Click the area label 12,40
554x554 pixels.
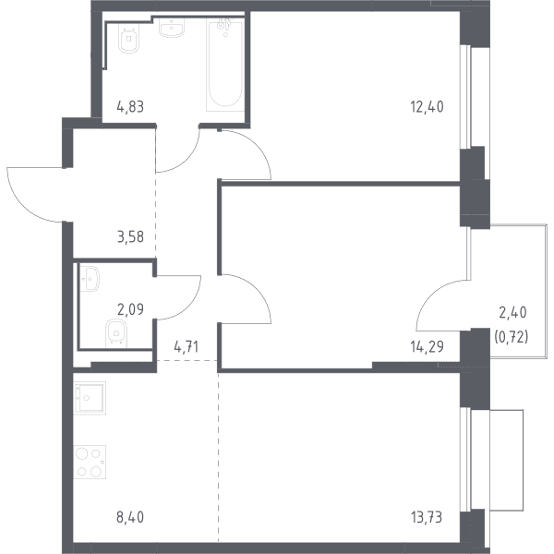point(427,106)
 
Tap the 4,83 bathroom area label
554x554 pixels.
point(130,106)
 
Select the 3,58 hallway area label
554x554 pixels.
point(130,236)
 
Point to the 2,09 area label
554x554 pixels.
point(130,309)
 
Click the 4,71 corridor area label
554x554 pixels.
point(187,347)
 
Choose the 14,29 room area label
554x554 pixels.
point(427,347)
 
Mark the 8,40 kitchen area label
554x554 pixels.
point(130,517)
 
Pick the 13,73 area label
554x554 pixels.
point(427,517)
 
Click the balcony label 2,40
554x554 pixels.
point(512,312)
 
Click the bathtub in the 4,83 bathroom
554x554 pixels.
point(225,65)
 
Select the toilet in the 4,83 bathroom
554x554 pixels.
point(129,39)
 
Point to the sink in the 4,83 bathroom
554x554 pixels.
point(172,27)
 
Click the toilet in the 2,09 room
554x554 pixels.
point(116,332)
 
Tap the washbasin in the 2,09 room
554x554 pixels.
point(90,279)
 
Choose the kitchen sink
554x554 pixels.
point(90,398)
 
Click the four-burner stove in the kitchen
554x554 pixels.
point(90,462)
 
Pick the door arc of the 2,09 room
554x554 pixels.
point(189,307)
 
